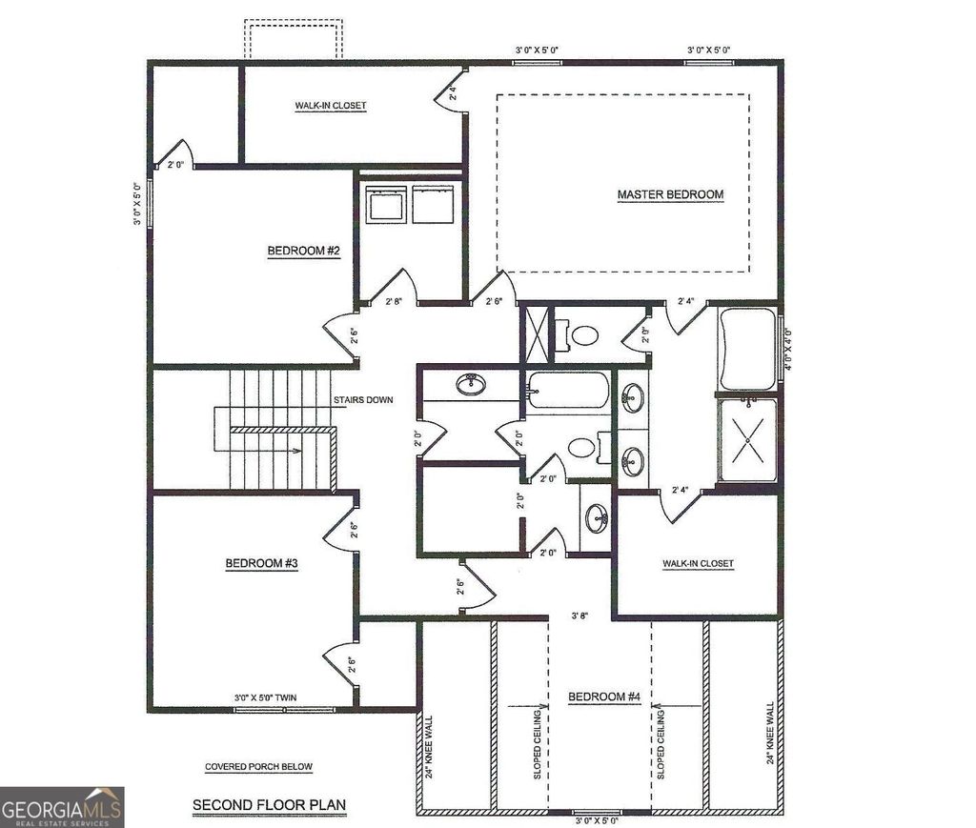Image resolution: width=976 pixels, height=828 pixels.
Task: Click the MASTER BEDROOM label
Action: (x=670, y=194)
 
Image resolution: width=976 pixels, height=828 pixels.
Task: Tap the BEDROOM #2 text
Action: (x=297, y=251)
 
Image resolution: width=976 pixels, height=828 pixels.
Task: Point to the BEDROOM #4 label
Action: (x=603, y=697)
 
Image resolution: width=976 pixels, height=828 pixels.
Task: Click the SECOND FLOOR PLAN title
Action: (x=269, y=805)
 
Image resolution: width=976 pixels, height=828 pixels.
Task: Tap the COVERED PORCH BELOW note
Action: (x=258, y=767)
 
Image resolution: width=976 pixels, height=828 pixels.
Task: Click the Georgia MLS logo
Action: (x=62, y=806)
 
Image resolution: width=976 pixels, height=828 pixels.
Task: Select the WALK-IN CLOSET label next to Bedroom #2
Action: (x=330, y=106)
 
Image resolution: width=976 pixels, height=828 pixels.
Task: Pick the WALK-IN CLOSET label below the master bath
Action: (x=699, y=563)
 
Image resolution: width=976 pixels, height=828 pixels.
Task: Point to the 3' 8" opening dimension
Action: (x=579, y=616)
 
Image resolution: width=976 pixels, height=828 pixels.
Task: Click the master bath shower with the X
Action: (x=747, y=440)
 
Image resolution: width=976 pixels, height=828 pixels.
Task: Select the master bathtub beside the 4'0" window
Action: (x=747, y=349)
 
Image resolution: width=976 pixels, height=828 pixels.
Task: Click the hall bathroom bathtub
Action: (x=567, y=391)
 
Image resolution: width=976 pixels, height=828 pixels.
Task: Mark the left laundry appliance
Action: (x=387, y=205)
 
